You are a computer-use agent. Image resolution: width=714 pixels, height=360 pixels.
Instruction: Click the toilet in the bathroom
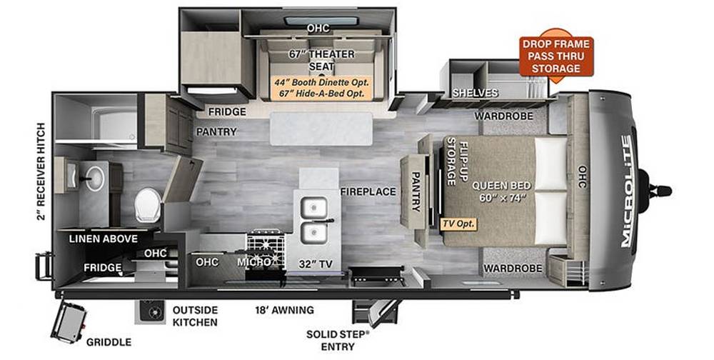(148, 205)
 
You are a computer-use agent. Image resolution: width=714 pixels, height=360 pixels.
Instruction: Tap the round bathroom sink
(95, 179)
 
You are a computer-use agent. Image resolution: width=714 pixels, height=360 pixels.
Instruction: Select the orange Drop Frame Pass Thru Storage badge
(556, 56)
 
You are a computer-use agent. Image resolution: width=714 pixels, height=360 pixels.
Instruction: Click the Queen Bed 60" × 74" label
(501, 191)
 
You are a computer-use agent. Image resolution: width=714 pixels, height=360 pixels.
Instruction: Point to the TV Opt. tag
(458, 224)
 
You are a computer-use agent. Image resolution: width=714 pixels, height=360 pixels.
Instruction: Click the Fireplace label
(368, 192)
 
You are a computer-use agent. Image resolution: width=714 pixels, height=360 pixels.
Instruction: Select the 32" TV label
(316, 264)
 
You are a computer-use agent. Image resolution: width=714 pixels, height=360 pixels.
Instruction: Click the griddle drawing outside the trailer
(69, 322)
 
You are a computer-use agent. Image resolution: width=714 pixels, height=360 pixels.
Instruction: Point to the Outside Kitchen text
(195, 316)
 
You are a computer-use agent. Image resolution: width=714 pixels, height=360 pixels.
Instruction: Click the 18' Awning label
(284, 310)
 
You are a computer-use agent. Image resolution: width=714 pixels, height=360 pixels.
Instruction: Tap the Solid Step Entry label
(338, 341)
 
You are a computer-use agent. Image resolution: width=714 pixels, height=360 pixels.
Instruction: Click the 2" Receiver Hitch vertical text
(41, 171)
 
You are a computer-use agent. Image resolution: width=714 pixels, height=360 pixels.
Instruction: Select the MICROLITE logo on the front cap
(627, 191)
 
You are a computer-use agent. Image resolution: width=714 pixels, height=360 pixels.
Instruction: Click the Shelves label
(475, 93)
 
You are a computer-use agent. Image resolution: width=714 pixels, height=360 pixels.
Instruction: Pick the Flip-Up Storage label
(457, 161)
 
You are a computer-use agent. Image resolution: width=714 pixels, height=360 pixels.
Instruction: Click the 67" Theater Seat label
(321, 60)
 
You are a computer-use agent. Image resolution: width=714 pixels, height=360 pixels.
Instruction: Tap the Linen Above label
(104, 239)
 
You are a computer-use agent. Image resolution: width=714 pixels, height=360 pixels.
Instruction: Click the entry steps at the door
(376, 312)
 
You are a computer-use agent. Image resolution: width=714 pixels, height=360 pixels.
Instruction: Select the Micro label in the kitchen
(254, 262)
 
